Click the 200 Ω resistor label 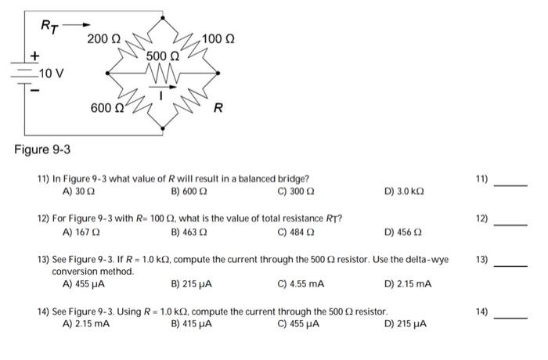coord(103,38)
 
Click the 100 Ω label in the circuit coord(218,38)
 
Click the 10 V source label coord(50,74)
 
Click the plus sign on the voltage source coord(34,56)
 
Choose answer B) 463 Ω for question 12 coord(189,232)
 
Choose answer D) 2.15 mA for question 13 coord(409,283)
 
